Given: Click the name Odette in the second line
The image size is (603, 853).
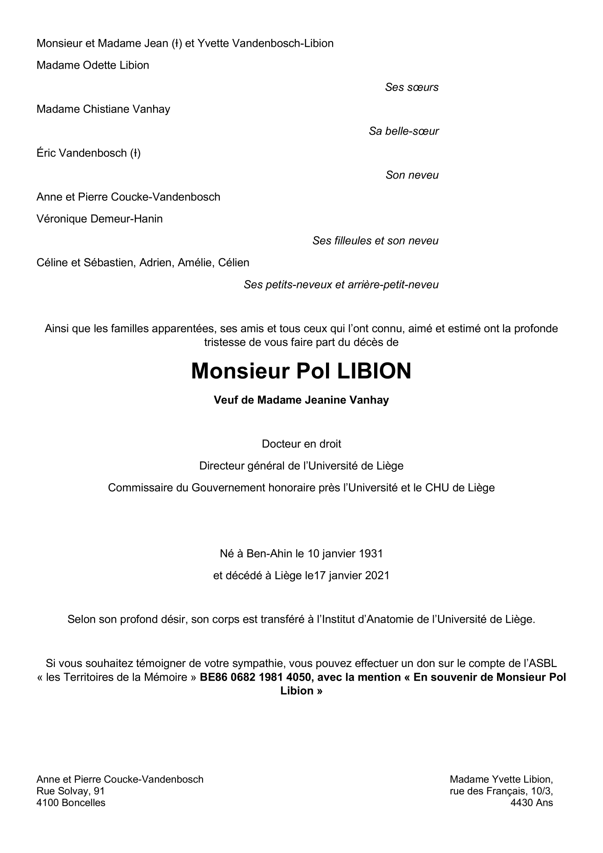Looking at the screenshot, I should point(100,65).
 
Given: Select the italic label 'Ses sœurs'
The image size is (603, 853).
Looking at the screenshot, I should point(411,87).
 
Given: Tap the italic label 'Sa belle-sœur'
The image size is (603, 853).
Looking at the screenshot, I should point(403,131).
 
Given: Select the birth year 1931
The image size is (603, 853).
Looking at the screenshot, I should point(371,553).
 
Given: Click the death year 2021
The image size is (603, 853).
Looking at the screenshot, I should point(377,575).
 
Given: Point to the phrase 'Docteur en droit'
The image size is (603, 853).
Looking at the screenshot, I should point(301,444).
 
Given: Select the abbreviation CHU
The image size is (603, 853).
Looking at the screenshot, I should point(437,488).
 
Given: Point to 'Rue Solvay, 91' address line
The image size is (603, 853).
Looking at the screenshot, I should point(70,791).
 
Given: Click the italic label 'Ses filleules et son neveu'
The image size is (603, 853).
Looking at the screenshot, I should point(375,241).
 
